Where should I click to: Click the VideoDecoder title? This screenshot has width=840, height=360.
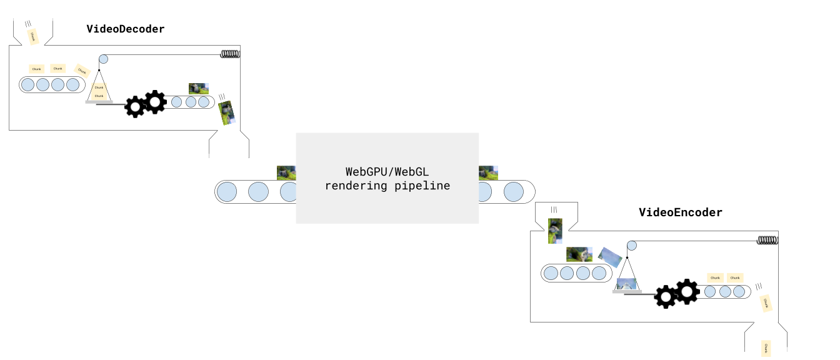tap(126, 29)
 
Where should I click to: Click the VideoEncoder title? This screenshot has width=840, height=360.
tap(680, 212)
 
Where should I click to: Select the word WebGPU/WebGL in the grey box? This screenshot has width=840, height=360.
tap(387, 171)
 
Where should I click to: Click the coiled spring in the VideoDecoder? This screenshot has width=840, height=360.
tap(230, 54)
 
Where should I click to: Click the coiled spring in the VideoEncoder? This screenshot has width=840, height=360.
tap(767, 240)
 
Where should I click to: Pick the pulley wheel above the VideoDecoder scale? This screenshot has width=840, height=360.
tap(103, 59)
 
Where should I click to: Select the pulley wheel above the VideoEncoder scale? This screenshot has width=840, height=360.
tap(632, 246)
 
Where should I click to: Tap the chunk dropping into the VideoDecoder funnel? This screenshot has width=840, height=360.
tap(33, 36)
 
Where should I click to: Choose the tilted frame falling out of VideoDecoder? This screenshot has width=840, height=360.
tap(226, 113)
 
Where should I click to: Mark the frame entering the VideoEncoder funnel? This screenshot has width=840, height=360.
tap(555, 230)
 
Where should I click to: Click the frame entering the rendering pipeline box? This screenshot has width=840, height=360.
tap(286, 172)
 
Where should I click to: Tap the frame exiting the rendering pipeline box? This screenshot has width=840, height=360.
tap(488, 172)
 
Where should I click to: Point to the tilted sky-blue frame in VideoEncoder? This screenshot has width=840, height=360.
tap(609, 257)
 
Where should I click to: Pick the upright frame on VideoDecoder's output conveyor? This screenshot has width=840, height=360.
tap(199, 89)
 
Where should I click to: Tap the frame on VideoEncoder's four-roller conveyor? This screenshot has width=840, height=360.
tap(579, 254)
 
